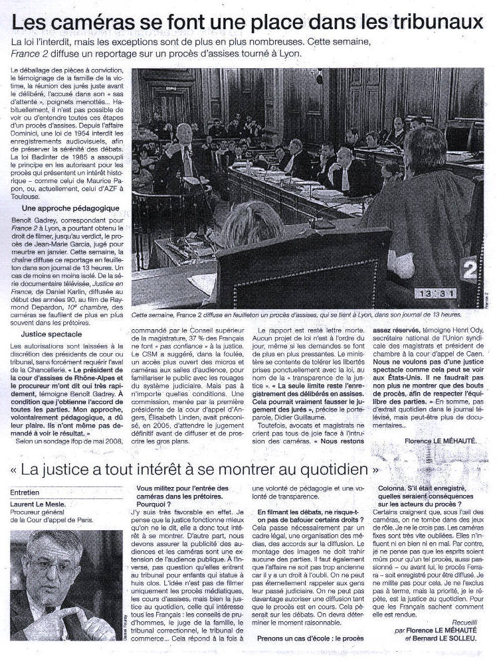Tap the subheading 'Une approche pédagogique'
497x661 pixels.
[x=62, y=208]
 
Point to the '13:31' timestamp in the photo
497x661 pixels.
[x=435, y=292]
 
